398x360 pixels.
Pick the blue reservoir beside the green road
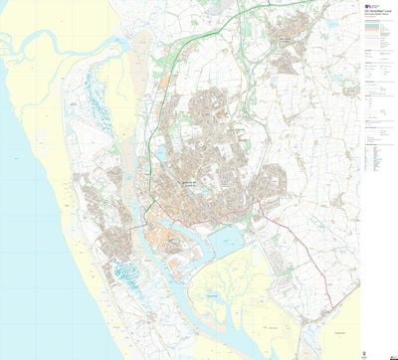pos(161,154)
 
